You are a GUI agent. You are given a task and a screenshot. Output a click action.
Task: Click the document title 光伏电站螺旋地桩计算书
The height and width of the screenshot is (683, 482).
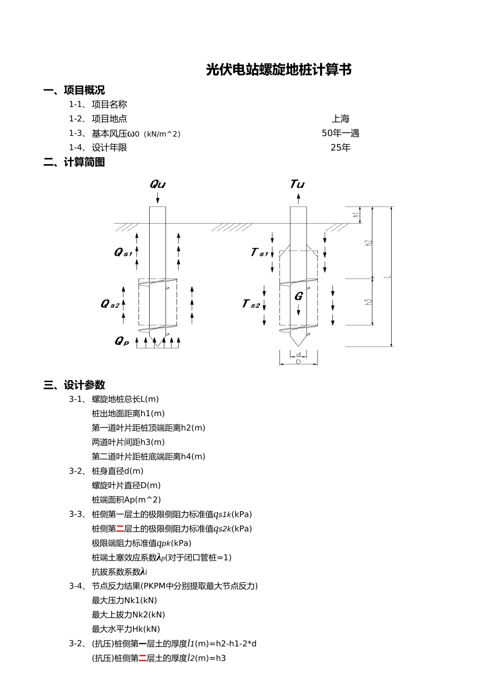click(x=279, y=70)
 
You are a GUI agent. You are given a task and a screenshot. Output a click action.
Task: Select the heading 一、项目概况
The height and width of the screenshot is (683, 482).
click(x=74, y=90)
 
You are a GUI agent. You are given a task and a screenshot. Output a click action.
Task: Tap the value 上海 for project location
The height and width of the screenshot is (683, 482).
click(x=340, y=119)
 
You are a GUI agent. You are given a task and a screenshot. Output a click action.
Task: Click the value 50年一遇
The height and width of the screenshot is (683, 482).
click(x=340, y=133)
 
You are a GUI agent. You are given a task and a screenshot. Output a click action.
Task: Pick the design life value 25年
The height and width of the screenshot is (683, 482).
click(x=340, y=148)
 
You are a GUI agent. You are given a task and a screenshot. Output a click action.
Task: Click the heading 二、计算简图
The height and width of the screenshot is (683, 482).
click(x=74, y=162)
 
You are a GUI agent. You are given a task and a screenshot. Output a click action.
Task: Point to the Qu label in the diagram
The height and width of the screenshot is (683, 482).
click(x=157, y=184)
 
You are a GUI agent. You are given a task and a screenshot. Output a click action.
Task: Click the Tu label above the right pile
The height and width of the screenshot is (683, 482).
click(x=297, y=184)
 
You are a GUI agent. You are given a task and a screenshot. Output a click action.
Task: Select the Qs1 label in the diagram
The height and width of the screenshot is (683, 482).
click(x=123, y=252)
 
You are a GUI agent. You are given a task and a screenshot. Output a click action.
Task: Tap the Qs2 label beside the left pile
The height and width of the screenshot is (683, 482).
click(x=110, y=304)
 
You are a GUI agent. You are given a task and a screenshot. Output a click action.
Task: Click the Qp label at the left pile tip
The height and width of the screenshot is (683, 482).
click(x=121, y=341)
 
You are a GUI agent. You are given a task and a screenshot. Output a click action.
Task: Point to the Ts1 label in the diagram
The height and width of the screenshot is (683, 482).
click(x=259, y=252)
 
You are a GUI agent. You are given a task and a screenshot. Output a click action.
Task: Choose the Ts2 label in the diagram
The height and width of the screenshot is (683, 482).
click(x=251, y=304)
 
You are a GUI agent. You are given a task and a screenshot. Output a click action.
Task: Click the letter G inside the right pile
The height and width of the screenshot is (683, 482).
click(x=298, y=296)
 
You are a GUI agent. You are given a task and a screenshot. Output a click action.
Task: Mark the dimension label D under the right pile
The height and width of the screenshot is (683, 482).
click(x=298, y=362)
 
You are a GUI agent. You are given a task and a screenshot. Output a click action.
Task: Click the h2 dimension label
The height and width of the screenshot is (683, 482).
click(x=369, y=243)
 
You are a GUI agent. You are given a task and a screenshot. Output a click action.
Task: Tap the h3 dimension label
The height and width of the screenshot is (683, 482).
click(x=369, y=301)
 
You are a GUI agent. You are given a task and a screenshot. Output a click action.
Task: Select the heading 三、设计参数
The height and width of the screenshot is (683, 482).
click(x=74, y=385)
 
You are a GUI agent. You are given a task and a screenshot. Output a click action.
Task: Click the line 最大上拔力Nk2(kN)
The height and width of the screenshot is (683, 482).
click(x=128, y=615)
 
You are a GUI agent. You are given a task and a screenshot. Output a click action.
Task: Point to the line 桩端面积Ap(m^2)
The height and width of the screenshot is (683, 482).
click(x=126, y=500)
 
